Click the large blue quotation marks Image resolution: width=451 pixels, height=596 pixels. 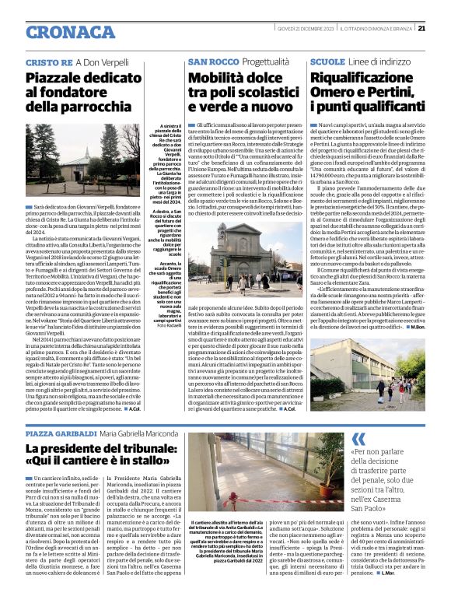358,440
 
